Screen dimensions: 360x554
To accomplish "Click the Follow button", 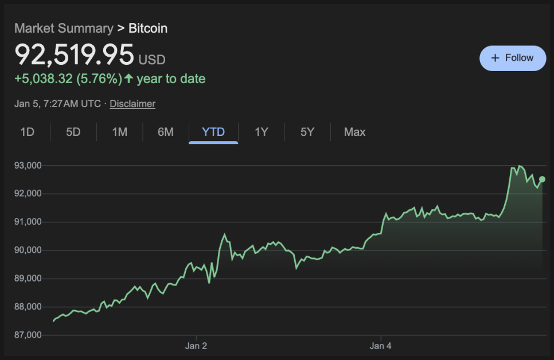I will pos(513,58).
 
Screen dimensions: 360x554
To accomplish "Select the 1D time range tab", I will pos(28,132).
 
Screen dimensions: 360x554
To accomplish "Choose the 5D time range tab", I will pos(73,132).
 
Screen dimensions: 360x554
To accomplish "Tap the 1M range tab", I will pos(119,132).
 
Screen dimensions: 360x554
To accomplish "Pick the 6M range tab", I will pos(166,132).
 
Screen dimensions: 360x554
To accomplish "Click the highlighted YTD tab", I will pos(213,132).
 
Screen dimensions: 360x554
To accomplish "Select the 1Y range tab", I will pos(262,132).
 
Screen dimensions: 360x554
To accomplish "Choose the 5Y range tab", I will pos(307,132).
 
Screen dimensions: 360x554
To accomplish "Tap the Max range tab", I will pos(354,132).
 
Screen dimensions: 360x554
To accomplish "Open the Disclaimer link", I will pos(132,104).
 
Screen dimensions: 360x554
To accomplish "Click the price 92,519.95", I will pos(74,55).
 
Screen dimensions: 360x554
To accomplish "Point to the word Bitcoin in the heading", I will pos(148,28).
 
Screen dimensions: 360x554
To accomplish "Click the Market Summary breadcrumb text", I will pos(64,28).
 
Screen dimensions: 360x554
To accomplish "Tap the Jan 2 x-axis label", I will pos(196,346).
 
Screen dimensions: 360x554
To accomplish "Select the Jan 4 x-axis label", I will pos(381,346).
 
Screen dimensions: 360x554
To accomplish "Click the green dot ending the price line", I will pos(542,179).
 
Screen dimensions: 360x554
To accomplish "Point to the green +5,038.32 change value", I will pos(44,79).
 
